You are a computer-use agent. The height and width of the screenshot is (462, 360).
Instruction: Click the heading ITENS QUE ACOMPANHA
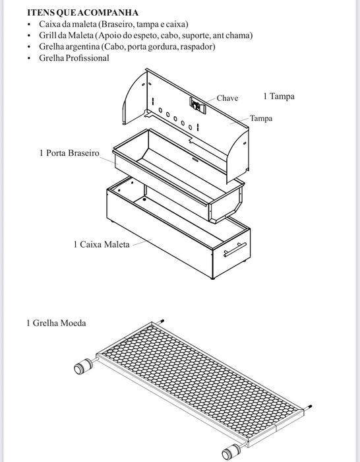click(x=82, y=13)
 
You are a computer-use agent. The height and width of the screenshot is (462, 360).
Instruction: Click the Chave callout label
click(x=227, y=98)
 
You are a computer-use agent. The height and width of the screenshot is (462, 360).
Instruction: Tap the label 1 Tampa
click(x=279, y=96)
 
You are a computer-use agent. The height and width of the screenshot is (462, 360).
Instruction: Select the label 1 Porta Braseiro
click(x=69, y=153)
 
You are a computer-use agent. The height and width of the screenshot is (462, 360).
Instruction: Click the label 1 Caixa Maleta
click(x=102, y=244)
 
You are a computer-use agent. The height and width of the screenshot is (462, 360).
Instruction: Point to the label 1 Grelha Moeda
click(x=56, y=323)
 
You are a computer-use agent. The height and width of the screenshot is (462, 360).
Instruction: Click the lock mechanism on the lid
click(x=198, y=105)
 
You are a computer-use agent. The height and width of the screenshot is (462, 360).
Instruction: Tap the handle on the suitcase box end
click(x=235, y=249)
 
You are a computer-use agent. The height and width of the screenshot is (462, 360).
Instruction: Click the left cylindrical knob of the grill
click(x=84, y=366)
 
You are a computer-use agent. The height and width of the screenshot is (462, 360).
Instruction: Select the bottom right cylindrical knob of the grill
click(x=231, y=451)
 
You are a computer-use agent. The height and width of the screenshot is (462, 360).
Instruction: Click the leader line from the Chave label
click(x=210, y=100)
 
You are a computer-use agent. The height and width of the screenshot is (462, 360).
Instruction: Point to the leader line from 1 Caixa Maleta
click(x=142, y=242)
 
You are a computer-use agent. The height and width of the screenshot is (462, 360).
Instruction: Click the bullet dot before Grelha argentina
click(x=29, y=47)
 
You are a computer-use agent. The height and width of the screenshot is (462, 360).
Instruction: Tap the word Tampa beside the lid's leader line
click(x=261, y=118)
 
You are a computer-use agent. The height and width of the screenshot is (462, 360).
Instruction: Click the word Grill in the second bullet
click(x=47, y=36)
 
